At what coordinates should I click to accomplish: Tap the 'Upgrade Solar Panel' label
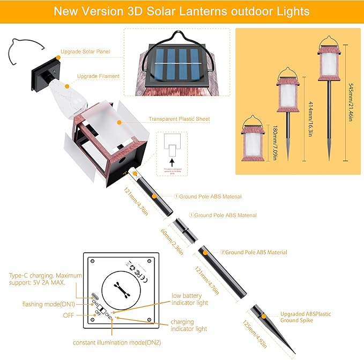tap(85, 52)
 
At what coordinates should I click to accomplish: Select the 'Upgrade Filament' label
tap(98, 76)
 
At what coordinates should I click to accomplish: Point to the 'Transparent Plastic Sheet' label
tap(180, 119)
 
